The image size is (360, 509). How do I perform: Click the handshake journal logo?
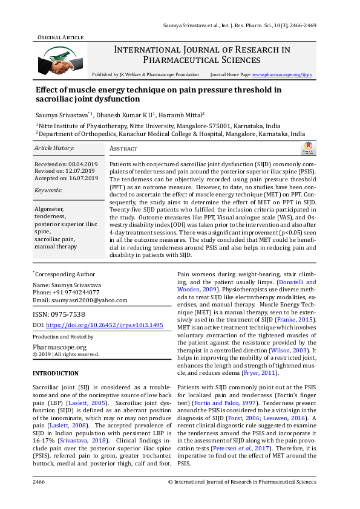59,59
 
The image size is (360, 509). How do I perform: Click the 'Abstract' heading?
123,149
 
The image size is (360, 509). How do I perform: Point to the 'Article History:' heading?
54,148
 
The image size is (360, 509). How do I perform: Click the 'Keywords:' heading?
48,190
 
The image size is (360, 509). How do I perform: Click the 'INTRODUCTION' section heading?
55,374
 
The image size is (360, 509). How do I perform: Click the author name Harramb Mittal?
184,114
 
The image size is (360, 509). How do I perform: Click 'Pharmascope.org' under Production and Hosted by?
59,347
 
